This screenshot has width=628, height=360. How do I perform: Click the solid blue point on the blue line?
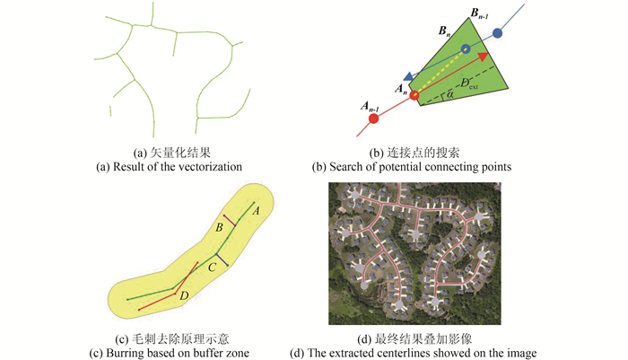[498, 33]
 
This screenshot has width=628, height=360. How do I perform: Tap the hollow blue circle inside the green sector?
[465, 48]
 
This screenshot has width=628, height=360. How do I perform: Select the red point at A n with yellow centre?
[414, 94]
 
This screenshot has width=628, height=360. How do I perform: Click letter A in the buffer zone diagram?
[257, 212]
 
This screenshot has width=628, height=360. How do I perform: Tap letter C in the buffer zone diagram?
[212, 267]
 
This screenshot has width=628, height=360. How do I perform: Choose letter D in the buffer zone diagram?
[184, 295]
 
